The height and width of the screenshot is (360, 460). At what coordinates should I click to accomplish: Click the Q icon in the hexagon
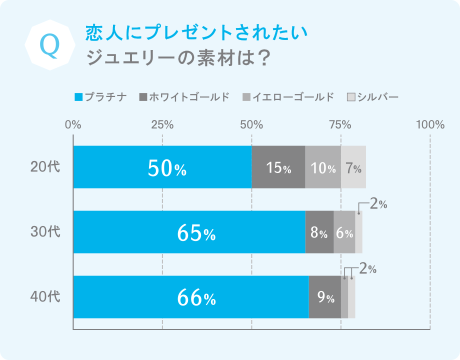(49, 45)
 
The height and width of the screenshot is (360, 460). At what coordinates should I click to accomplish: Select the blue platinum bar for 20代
(162, 167)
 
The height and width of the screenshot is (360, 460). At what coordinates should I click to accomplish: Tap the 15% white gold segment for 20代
(278, 167)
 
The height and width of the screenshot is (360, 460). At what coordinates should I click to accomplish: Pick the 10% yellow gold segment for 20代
(322, 167)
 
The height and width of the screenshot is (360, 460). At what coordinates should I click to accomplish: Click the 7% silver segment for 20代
(353, 167)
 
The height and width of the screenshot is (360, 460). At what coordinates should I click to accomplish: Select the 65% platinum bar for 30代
(189, 232)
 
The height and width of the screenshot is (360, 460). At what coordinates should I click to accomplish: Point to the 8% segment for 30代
(319, 232)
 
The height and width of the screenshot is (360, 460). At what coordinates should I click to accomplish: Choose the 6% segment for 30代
(344, 232)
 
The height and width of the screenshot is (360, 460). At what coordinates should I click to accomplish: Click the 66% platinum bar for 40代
(190, 297)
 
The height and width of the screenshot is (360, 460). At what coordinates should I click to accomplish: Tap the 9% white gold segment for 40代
(325, 297)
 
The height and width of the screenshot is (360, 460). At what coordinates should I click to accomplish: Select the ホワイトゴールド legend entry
(184, 96)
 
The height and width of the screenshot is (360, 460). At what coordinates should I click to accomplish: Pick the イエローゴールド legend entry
(287, 96)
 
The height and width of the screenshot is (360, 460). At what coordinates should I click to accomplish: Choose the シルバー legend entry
(372, 96)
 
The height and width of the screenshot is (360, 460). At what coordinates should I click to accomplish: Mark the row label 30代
(45, 232)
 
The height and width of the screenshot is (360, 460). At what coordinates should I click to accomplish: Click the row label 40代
(45, 297)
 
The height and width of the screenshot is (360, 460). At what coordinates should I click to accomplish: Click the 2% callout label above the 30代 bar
(378, 204)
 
